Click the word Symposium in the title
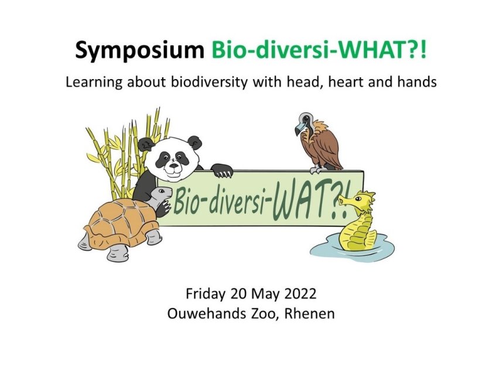139,50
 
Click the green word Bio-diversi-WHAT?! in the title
319,49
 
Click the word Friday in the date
206,294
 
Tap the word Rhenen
309,313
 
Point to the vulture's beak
299,128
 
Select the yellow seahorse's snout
344,200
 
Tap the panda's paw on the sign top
221,170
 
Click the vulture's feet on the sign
318,170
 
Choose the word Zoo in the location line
264,313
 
